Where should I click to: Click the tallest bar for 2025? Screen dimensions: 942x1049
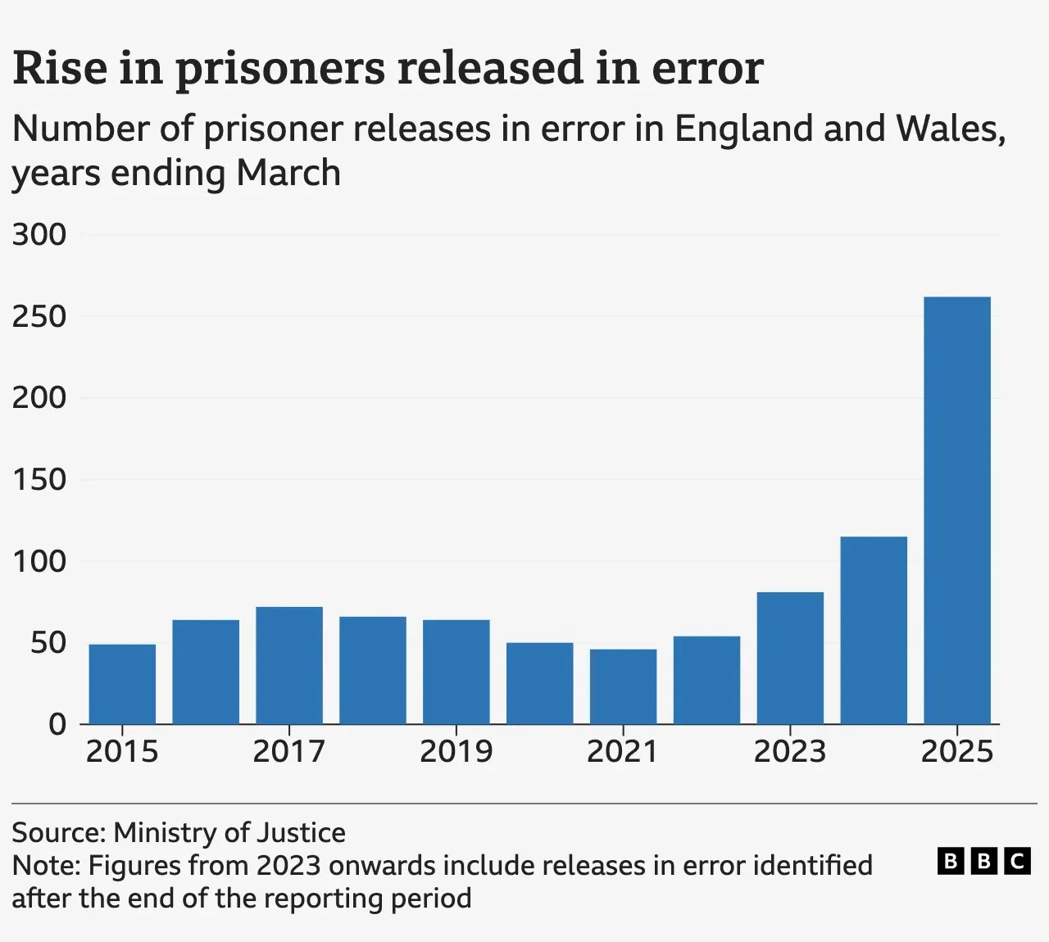pos(956,509)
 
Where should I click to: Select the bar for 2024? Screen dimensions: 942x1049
pos(873,630)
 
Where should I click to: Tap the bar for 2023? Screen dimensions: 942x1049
pos(790,658)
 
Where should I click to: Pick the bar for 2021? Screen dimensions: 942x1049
pos(623,686)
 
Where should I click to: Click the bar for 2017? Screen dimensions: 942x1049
pos(288,665)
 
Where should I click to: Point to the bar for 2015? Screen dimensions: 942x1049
pos(122,684)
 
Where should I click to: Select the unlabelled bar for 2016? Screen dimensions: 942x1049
pos(206,672)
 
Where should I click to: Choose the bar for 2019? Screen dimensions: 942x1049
pos(456,672)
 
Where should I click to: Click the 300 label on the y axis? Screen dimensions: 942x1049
pos(39,234)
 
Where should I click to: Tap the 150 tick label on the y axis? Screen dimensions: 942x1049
pos(39,479)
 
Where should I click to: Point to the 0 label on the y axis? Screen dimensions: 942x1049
pos(57,724)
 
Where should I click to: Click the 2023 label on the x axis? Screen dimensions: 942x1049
pos(790,751)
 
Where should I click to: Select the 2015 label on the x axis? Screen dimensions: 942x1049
pos(122,751)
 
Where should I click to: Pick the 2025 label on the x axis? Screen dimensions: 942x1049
pos(956,751)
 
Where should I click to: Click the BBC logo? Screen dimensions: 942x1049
pos(983,861)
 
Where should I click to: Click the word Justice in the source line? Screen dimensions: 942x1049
pos(301,832)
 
